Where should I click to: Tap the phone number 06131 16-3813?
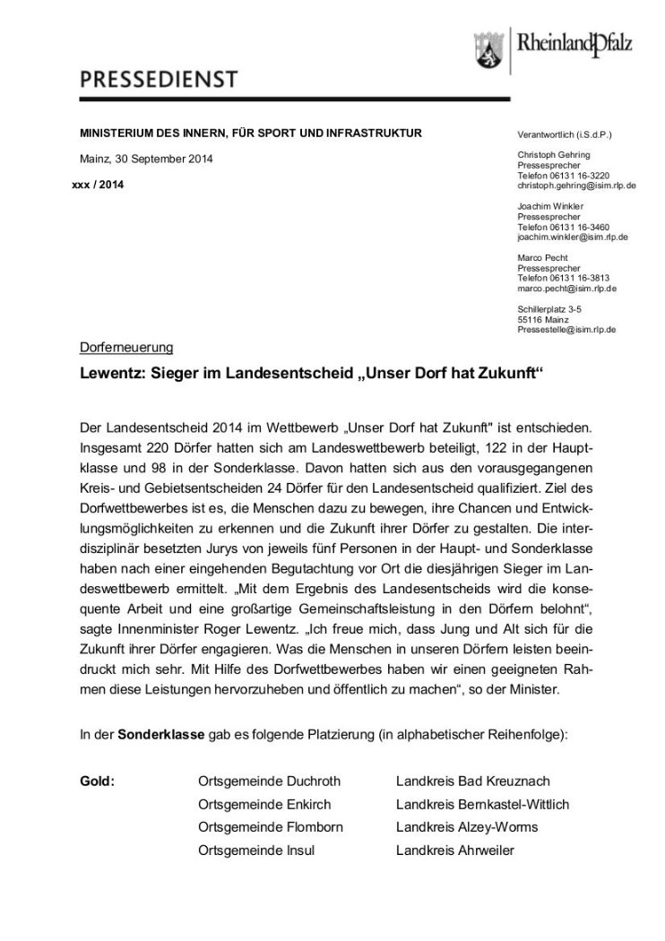[571, 278]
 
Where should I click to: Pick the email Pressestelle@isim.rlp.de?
[570, 330]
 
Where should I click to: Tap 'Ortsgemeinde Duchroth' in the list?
[269, 781]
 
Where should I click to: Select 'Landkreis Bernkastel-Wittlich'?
[482, 804]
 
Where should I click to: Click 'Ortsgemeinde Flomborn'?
[270, 827]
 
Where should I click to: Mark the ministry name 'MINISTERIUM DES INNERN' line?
[250, 134]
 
